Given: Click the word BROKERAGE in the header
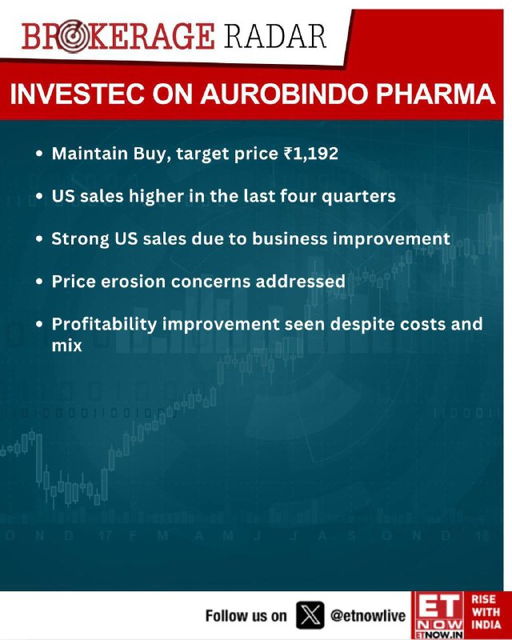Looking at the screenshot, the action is [x=118, y=37].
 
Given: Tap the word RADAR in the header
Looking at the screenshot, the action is [x=275, y=37].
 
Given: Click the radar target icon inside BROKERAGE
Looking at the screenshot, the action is [x=71, y=37].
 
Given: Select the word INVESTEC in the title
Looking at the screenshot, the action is [x=77, y=94].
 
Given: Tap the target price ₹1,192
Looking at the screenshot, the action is [x=311, y=154].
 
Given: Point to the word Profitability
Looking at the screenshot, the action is [x=105, y=325].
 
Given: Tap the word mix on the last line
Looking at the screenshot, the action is [x=67, y=346].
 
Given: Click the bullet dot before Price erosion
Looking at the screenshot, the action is [x=39, y=282].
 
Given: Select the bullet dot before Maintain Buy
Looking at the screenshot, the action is [x=39, y=154].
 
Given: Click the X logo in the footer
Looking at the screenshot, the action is [x=310, y=615].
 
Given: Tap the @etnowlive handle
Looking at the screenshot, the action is [x=367, y=615].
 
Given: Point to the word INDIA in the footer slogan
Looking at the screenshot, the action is [x=486, y=625].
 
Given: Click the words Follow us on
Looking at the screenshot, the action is [x=246, y=615].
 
